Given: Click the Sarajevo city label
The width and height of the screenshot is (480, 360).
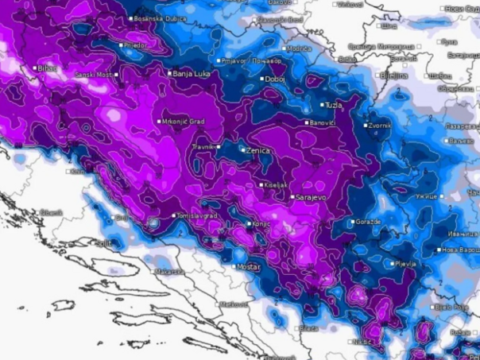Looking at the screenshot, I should pos(311,196).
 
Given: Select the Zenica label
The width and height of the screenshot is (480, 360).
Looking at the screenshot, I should pos(258,150).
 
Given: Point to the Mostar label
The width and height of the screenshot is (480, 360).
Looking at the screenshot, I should pos(248,267).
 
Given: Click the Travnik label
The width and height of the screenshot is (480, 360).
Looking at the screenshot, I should pos(204,147).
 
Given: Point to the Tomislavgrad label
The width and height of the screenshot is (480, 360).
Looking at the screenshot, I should pos(199,215).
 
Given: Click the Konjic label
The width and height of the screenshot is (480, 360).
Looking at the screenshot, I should pos(262,224).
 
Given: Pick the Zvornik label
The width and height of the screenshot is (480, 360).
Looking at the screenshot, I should pos(379,126).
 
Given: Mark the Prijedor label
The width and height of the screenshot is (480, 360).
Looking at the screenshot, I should pos(135,46).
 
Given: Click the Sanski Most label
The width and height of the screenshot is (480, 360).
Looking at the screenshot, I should pos(95,75).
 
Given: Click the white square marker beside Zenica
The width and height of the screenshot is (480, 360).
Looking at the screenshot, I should pos(243,149).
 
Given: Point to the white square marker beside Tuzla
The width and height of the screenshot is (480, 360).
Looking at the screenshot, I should pos(323,105).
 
